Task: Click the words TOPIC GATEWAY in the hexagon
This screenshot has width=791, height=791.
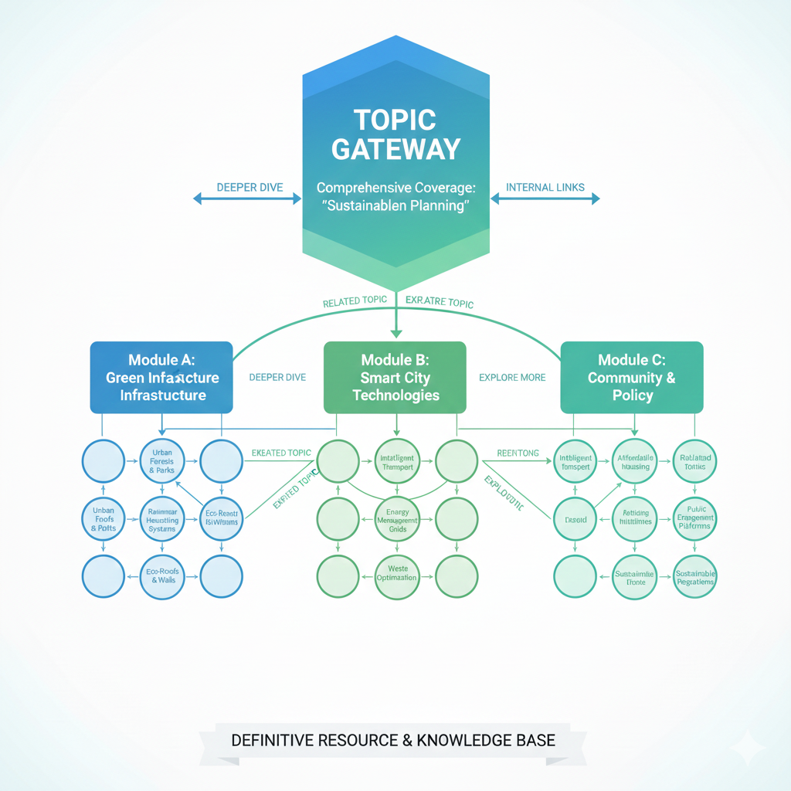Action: (x=395, y=134)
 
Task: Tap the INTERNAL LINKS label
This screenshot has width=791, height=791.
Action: (x=545, y=187)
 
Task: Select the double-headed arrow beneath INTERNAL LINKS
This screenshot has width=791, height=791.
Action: (x=545, y=199)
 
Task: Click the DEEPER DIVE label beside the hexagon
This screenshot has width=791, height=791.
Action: (x=249, y=187)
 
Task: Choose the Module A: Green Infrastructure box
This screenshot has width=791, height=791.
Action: (x=161, y=378)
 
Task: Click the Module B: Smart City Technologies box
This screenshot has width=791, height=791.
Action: (x=395, y=378)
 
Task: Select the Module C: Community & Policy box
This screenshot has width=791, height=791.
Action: (x=631, y=378)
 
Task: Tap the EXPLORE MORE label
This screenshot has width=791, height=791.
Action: (x=512, y=378)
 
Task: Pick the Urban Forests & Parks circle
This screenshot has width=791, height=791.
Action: (x=162, y=461)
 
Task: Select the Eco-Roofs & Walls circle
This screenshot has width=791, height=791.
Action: (x=162, y=575)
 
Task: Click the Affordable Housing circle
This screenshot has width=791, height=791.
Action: (x=634, y=462)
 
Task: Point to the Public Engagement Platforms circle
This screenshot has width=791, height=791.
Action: (x=694, y=518)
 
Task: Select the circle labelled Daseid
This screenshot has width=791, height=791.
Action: (x=575, y=518)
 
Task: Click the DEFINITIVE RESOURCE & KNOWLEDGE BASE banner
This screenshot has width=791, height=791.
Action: (x=393, y=740)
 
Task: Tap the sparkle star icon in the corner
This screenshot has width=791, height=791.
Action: (x=747, y=748)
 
